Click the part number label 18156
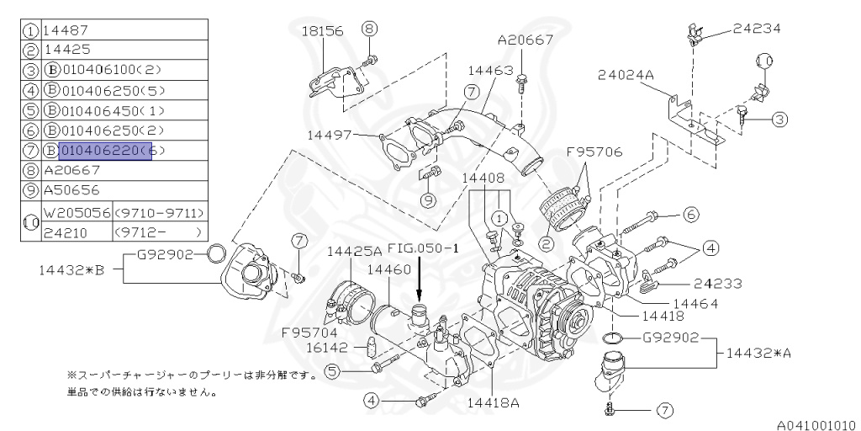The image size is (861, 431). [323, 30]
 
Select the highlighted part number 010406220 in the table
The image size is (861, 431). [104, 152]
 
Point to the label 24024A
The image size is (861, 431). [626, 75]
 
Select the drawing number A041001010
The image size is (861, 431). [811, 425]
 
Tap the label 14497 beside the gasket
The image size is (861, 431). [330, 134]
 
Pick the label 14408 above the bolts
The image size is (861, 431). [483, 178]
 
